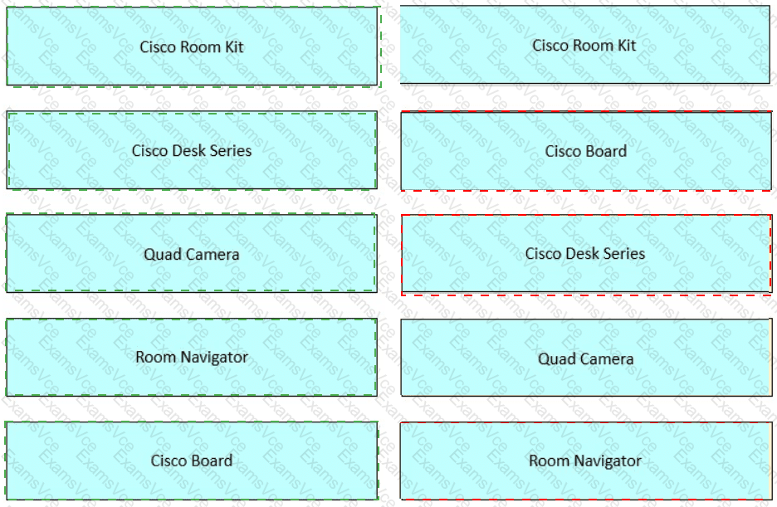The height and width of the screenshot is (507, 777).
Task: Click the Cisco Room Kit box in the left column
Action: (x=192, y=46)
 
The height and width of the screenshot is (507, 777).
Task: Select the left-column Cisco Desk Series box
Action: (x=192, y=150)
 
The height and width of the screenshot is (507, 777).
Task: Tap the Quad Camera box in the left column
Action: (x=192, y=253)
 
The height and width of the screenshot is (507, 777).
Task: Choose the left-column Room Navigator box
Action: (x=192, y=357)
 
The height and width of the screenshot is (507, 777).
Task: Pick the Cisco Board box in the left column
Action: (x=192, y=461)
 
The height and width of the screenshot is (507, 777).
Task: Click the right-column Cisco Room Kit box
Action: (x=584, y=45)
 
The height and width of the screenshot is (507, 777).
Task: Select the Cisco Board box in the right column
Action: (x=586, y=150)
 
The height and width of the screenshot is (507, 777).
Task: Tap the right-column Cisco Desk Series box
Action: (x=586, y=254)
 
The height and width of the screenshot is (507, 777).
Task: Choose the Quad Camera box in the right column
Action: (x=586, y=358)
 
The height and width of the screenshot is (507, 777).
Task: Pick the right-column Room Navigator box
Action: (x=586, y=461)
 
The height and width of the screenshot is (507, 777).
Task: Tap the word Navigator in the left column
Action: (x=214, y=358)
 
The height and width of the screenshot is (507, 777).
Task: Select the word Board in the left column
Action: (x=212, y=461)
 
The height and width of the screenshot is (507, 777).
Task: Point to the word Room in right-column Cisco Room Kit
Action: (x=593, y=46)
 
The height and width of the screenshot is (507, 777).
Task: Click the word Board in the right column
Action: (x=606, y=151)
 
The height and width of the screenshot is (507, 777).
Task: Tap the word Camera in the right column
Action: (x=610, y=359)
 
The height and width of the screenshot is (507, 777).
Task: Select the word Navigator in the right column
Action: (x=608, y=461)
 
